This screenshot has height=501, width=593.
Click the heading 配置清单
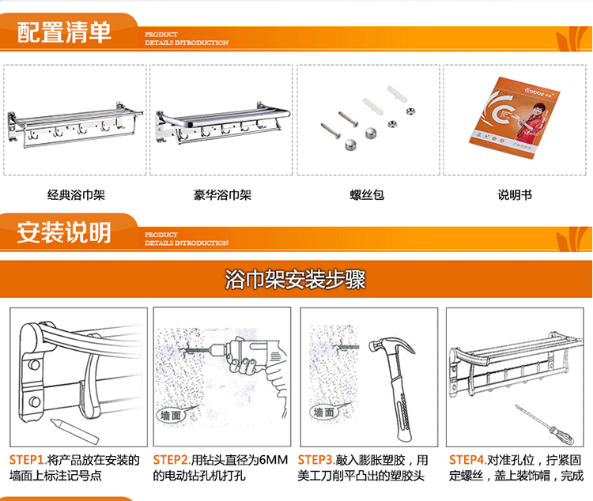click(64, 33)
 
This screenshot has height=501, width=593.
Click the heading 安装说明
click(64, 232)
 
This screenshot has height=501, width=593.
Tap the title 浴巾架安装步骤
click(295, 280)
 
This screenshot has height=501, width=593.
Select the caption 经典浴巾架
click(76, 194)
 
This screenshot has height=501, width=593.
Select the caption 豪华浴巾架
click(222, 194)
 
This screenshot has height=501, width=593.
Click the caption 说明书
click(515, 194)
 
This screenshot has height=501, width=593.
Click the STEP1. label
click(28, 460)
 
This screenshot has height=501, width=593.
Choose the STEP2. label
click(172, 460)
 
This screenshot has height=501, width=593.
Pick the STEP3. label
click(316, 460)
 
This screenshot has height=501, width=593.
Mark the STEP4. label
click(467, 460)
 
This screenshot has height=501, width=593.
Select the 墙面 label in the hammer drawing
click(323, 412)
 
